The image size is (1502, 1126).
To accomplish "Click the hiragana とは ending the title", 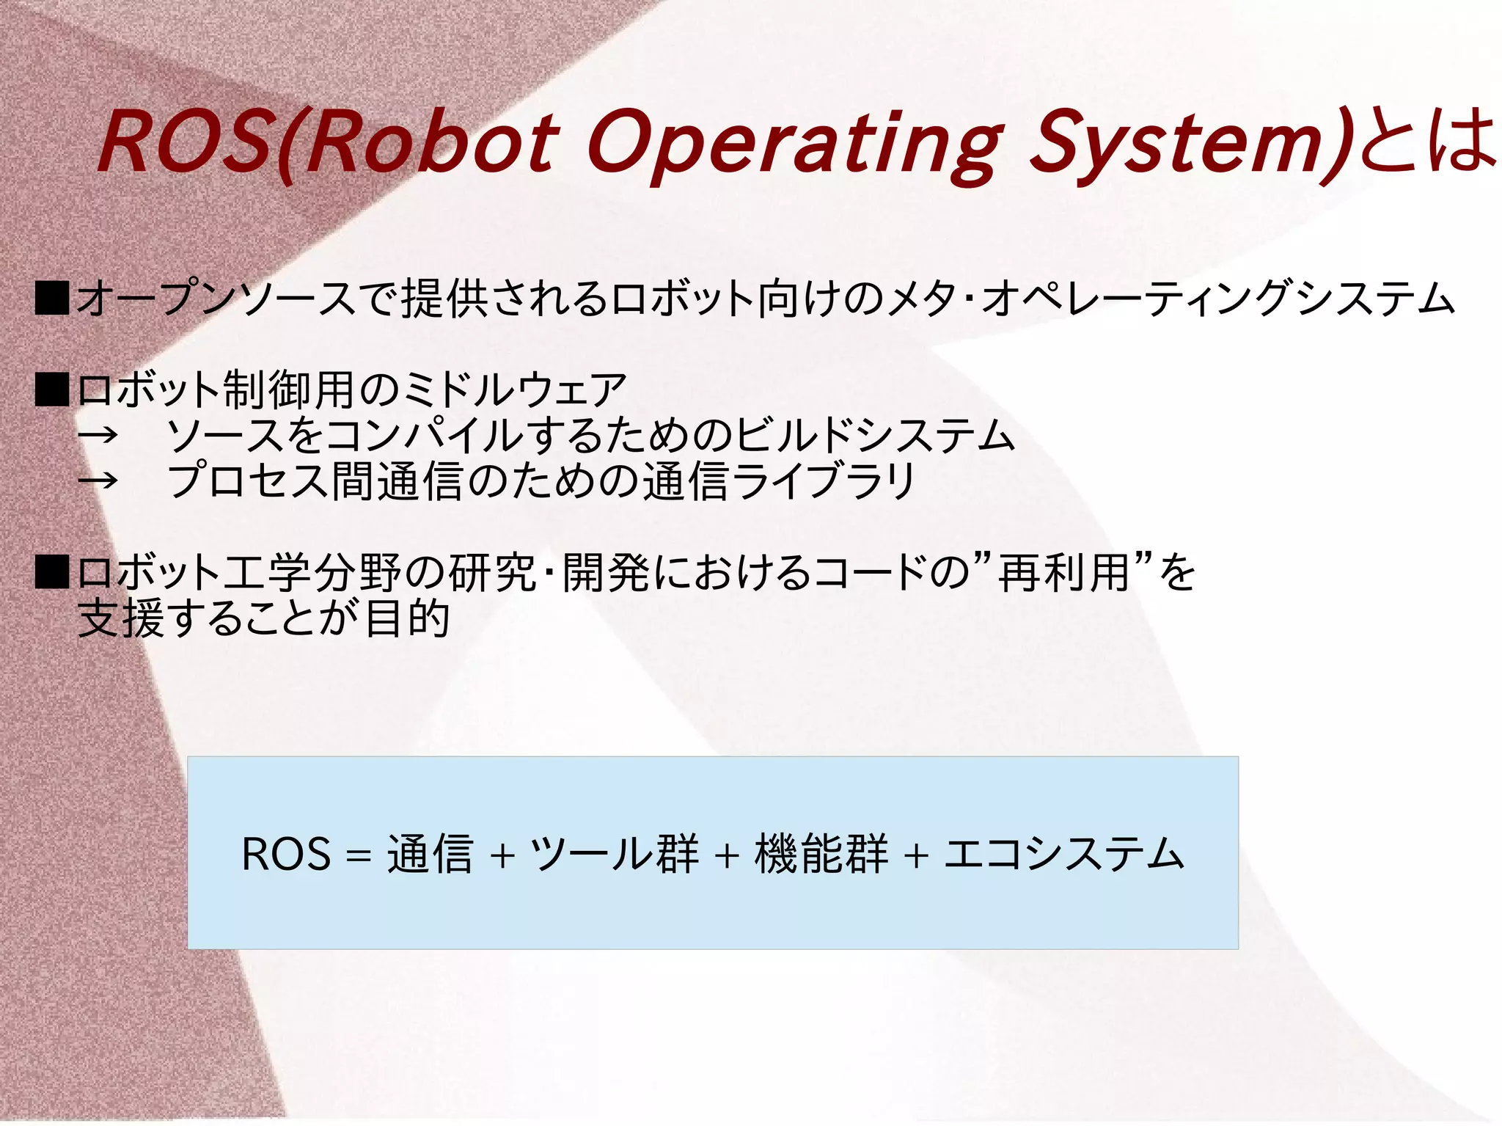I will pyautogui.click(x=1426, y=139).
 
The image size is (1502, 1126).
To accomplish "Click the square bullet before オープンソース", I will pyautogui.click(x=52, y=299).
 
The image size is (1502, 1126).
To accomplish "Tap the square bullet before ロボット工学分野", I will pyautogui.click(x=52, y=572).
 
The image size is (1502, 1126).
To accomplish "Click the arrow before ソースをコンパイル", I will pyautogui.click(x=98, y=435).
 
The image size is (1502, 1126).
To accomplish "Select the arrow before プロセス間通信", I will pyautogui.click(x=98, y=481).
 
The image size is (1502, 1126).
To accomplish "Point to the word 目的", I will pyautogui.click(x=407, y=618).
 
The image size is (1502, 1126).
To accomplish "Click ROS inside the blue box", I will pyautogui.click(x=286, y=855).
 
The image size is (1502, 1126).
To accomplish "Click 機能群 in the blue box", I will pyautogui.click(x=821, y=855).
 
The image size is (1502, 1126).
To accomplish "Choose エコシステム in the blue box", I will pyautogui.click(x=1063, y=855).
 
